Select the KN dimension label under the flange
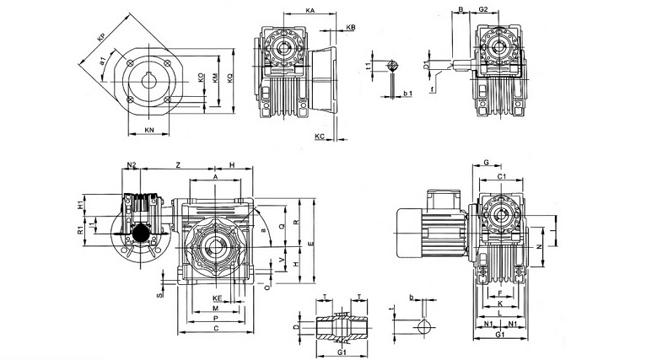(149, 130)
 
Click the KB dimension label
(350, 29)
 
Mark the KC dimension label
(320, 135)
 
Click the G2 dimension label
(483, 9)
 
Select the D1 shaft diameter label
(428, 63)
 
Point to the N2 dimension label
(132, 165)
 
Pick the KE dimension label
(216, 298)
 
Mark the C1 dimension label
(501, 176)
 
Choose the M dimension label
(216, 309)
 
